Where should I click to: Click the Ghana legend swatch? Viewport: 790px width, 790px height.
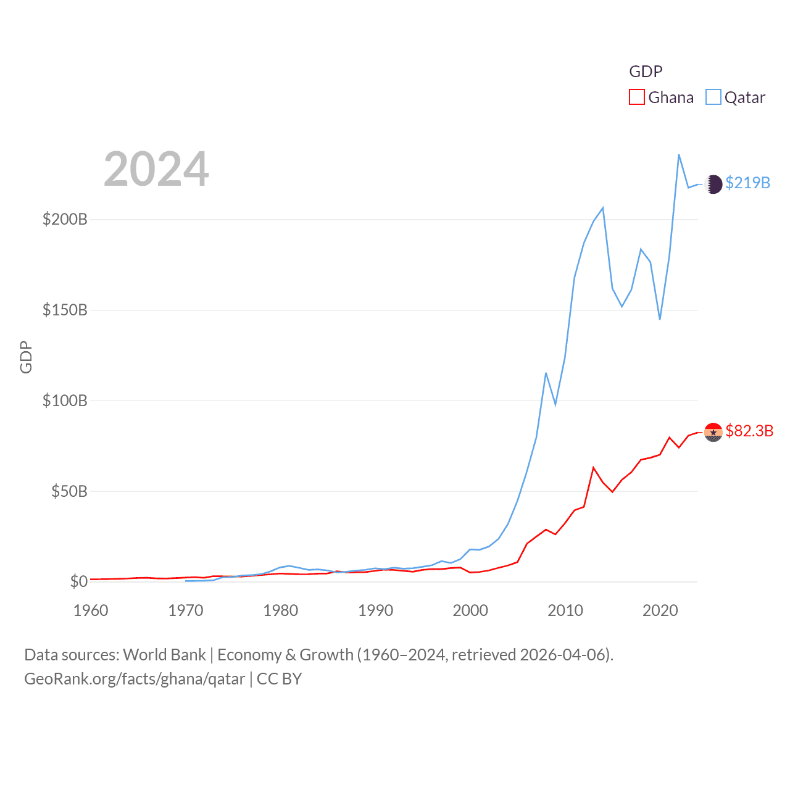636,98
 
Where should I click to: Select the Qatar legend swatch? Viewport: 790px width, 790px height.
713,98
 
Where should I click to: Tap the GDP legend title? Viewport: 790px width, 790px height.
646,72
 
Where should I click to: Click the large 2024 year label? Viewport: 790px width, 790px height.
156,169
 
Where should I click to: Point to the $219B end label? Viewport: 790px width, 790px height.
747,183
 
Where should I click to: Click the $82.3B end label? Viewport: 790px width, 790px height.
749,431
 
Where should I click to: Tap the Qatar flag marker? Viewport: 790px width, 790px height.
713,184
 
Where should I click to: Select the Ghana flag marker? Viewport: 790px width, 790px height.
713,432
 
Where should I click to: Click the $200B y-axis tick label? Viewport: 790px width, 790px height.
65,220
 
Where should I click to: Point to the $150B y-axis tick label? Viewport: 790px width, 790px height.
65,310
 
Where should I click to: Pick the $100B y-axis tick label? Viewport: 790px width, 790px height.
65,401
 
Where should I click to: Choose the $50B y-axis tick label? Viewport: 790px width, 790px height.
69,491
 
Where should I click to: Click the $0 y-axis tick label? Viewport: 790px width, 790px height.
78,581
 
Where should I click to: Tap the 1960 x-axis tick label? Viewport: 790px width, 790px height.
91,610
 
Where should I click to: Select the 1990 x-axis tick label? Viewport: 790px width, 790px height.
375,610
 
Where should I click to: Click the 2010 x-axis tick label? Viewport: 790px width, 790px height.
565,610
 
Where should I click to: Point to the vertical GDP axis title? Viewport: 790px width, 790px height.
26,357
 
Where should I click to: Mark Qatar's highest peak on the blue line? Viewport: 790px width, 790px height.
679,155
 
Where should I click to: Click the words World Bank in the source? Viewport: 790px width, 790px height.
164,655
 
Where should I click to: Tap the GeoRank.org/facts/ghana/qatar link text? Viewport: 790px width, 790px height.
135,679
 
